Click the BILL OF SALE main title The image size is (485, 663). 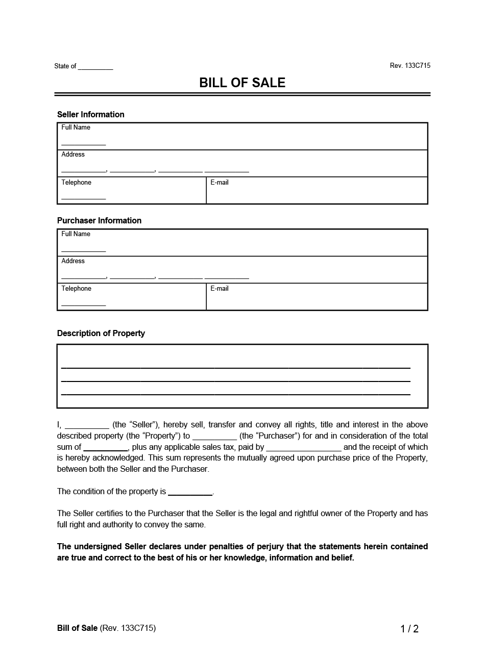tap(242, 83)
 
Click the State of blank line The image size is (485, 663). tap(95, 68)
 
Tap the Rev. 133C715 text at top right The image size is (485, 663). tap(409, 66)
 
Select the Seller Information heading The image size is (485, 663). tap(90, 114)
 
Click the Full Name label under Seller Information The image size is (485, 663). tap(76, 127)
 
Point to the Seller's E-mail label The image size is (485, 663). tap(219, 183)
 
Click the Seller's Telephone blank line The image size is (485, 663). tap(83, 198)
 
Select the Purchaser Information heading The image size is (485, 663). tap(99, 220)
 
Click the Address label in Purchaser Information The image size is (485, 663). tap(73, 261)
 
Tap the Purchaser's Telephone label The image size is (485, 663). tap(76, 289)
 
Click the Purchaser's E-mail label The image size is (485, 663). tap(219, 289)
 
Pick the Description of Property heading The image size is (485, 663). tap(101, 333)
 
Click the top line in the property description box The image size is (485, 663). tap(235, 367)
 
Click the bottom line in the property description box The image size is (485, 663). tap(235, 394)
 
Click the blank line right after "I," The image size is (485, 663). tap(87, 427)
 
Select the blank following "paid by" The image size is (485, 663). tap(304, 450)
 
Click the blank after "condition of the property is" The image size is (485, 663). tap(190, 494)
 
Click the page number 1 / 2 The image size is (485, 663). tap(409, 629)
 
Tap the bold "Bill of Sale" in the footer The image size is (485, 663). tap(77, 628)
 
